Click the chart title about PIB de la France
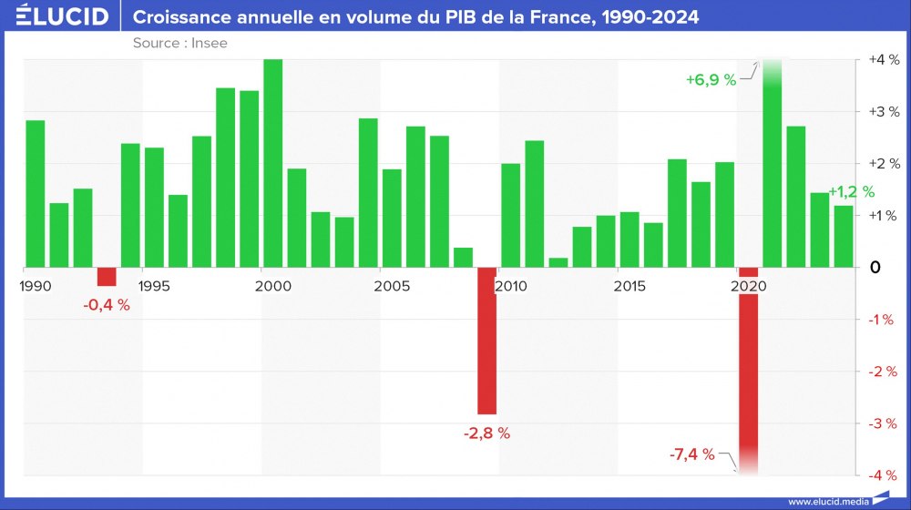click(416, 17)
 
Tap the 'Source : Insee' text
click(179, 43)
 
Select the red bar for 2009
click(487, 341)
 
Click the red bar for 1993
click(107, 277)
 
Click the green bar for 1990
click(36, 194)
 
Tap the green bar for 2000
click(272, 164)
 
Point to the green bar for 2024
click(844, 237)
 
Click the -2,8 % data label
click(487, 433)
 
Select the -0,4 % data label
click(107, 305)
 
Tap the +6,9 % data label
click(711, 80)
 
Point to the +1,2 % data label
click(852, 192)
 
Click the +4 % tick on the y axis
click(884, 60)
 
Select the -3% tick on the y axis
click(884, 423)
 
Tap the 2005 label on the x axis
click(392, 287)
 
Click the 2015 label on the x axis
click(630, 287)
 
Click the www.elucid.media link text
click(827, 501)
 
